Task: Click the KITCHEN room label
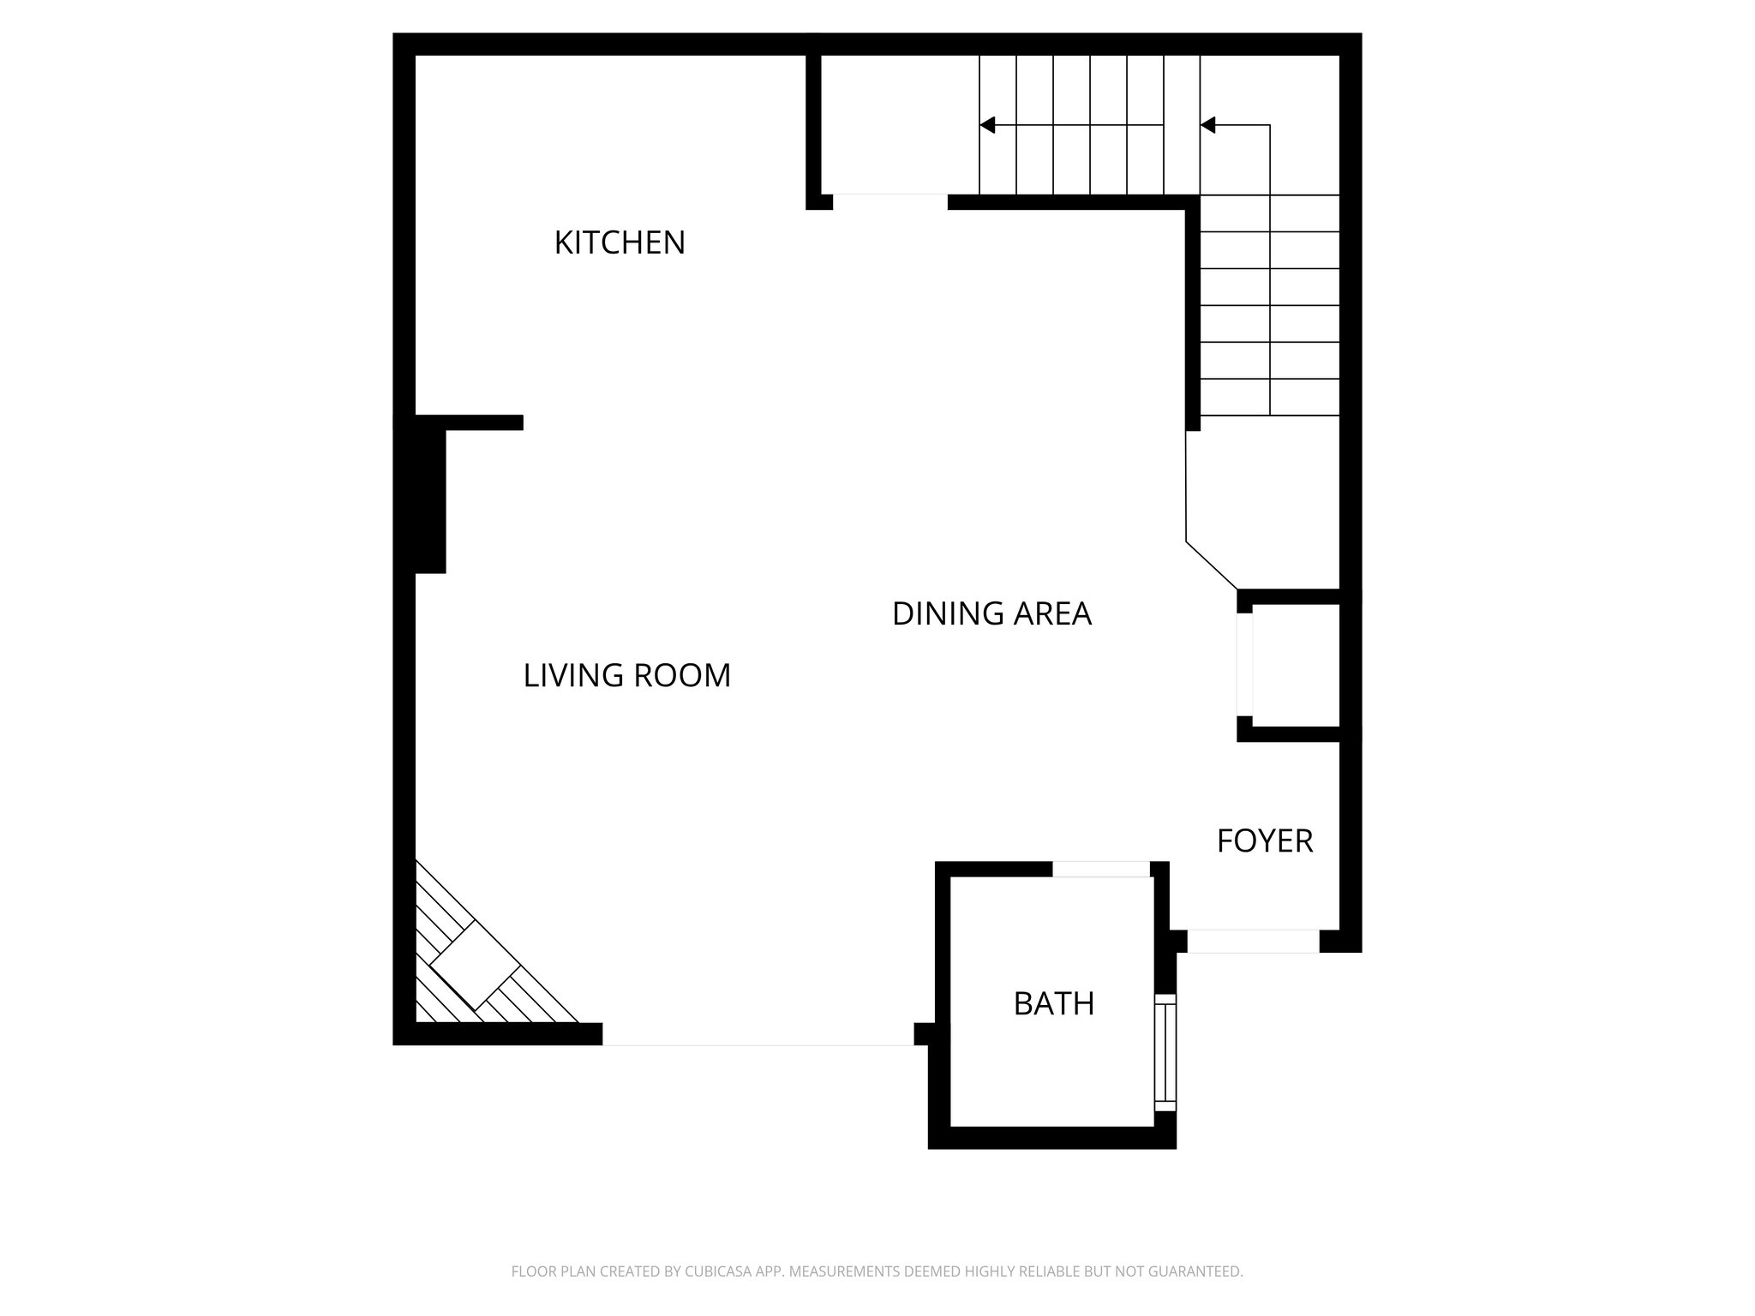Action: pyautogui.click(x=620, y=242)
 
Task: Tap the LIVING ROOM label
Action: pyautogui.click(x=626, y=675)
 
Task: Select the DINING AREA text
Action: pyautogui.click(x=991, y=613)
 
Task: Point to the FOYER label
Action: pyautogui.click(x=1265, y=841)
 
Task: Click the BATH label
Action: pyautogui.click(x=1053, y=1003)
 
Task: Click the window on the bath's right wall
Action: pyautogui.click(x=1165, y=1052)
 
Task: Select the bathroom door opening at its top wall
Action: pyautogui.click(x=1100, y=869)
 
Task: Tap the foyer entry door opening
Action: pyautogui.click(x=1253, y=941)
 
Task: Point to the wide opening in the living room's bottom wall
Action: pyautogui.click(x=758, y=1034)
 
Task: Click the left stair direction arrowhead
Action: pyautogui.click(x=987, y=125)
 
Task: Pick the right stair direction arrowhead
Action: pyautogui.click(x=1207, y=125)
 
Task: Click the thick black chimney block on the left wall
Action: pyautogui.click(x=429, y=500)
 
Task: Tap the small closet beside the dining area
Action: pyautogui.click(x=1295, y=666)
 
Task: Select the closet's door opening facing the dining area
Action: pyautogui.click(x=1244, y=665)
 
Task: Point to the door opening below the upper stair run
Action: pyautogui.click(x=889, y=201)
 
